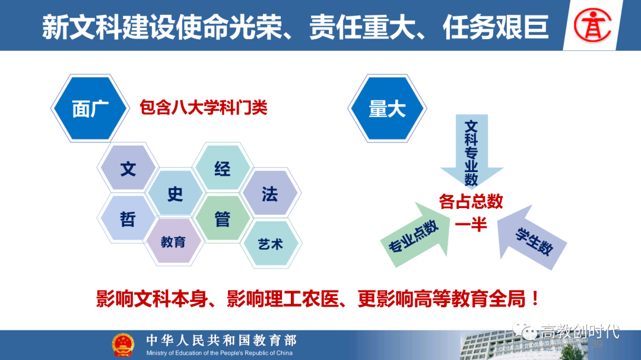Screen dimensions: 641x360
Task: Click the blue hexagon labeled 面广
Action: click(90, 109)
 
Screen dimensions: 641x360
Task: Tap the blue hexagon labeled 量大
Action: click(387, 109)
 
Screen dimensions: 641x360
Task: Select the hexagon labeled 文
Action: click(128, 168)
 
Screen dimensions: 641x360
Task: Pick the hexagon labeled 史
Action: click(175, 193)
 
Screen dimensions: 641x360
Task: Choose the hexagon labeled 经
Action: click(223, 168)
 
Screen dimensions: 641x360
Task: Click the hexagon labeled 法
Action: click(270, 193)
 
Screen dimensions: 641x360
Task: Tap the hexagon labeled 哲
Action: click(128, 219)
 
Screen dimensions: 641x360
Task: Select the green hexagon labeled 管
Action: click(223, 219)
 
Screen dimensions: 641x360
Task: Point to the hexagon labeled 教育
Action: click(174, 241)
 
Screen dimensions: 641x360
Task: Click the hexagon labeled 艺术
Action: click(271, 244)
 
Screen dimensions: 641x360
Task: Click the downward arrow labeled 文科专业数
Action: click(471, 151)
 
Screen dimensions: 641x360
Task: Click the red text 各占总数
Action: click(471, 202)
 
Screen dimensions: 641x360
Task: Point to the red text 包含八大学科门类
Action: click(203, 108)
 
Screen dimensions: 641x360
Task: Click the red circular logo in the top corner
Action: click(592, 26)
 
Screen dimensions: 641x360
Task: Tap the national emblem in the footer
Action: click(123, 345)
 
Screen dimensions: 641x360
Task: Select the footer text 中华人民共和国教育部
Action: click(221, 340)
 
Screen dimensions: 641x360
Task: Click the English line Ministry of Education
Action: click(219, 353)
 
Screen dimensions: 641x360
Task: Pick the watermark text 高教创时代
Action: click(580, 332)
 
